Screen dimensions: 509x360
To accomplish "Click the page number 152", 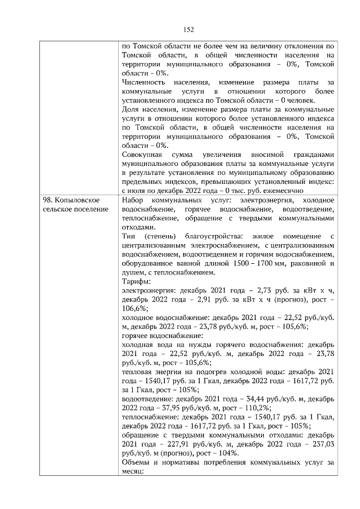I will point(188,29).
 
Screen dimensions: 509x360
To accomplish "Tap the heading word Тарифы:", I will point(136,281).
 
